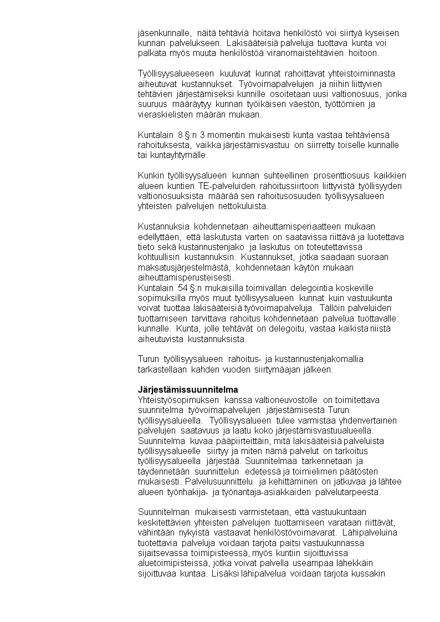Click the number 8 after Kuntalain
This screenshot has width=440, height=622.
pos(180,135)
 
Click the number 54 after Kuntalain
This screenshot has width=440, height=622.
pos(182,288)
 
